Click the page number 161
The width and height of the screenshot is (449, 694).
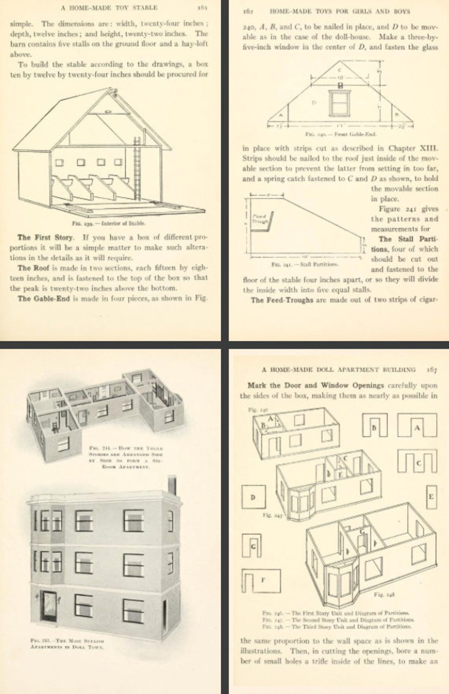point(202,8)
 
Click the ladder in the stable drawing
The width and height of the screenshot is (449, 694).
point(137,169)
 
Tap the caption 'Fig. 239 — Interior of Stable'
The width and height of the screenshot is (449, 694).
point(109,224)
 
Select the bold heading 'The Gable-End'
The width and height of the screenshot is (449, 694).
point(44,298)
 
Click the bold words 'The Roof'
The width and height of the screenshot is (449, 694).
point(33,268)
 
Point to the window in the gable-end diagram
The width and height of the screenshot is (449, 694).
point(340,103)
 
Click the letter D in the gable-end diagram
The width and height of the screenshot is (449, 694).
point(314,102)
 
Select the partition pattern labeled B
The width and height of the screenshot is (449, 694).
point(375,425)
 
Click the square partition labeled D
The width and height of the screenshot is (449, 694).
point(253,497)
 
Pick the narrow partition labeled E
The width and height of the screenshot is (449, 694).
point(431,497)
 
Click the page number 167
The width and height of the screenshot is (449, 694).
point(432,370)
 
